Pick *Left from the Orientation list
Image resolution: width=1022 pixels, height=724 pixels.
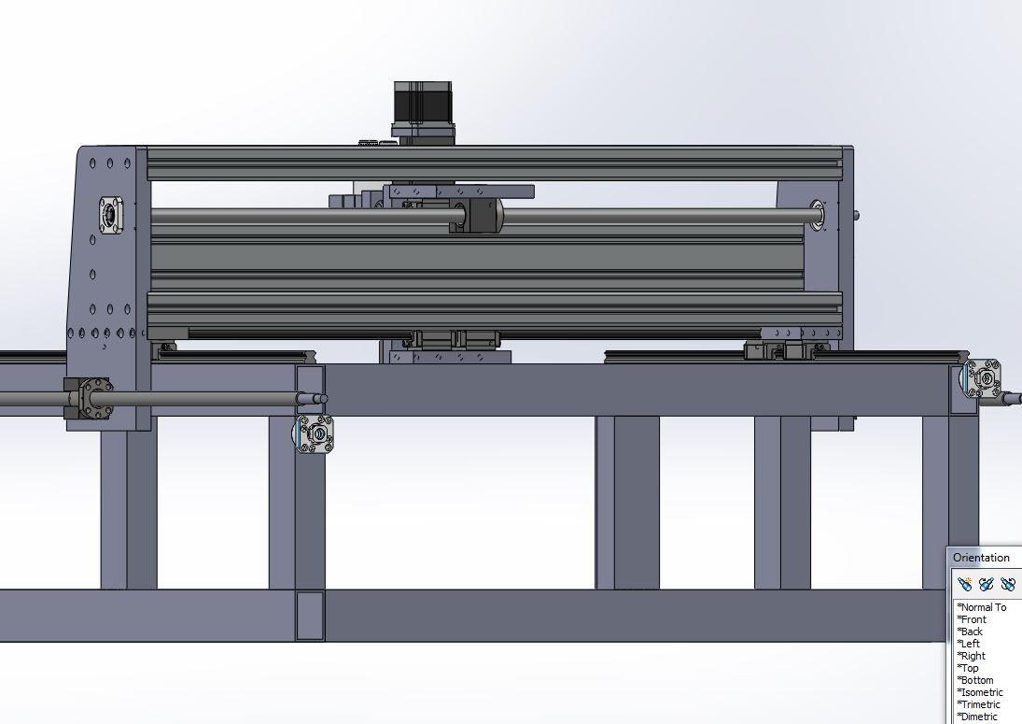968,643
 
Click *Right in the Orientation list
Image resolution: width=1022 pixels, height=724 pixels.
971,656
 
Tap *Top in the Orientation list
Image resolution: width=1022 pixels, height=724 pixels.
967,668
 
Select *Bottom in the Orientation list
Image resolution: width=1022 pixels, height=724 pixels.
975,680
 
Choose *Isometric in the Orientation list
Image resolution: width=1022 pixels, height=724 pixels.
980,692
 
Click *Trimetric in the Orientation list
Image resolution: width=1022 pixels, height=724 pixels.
978,704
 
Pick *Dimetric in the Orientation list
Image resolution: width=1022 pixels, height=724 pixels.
977,717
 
